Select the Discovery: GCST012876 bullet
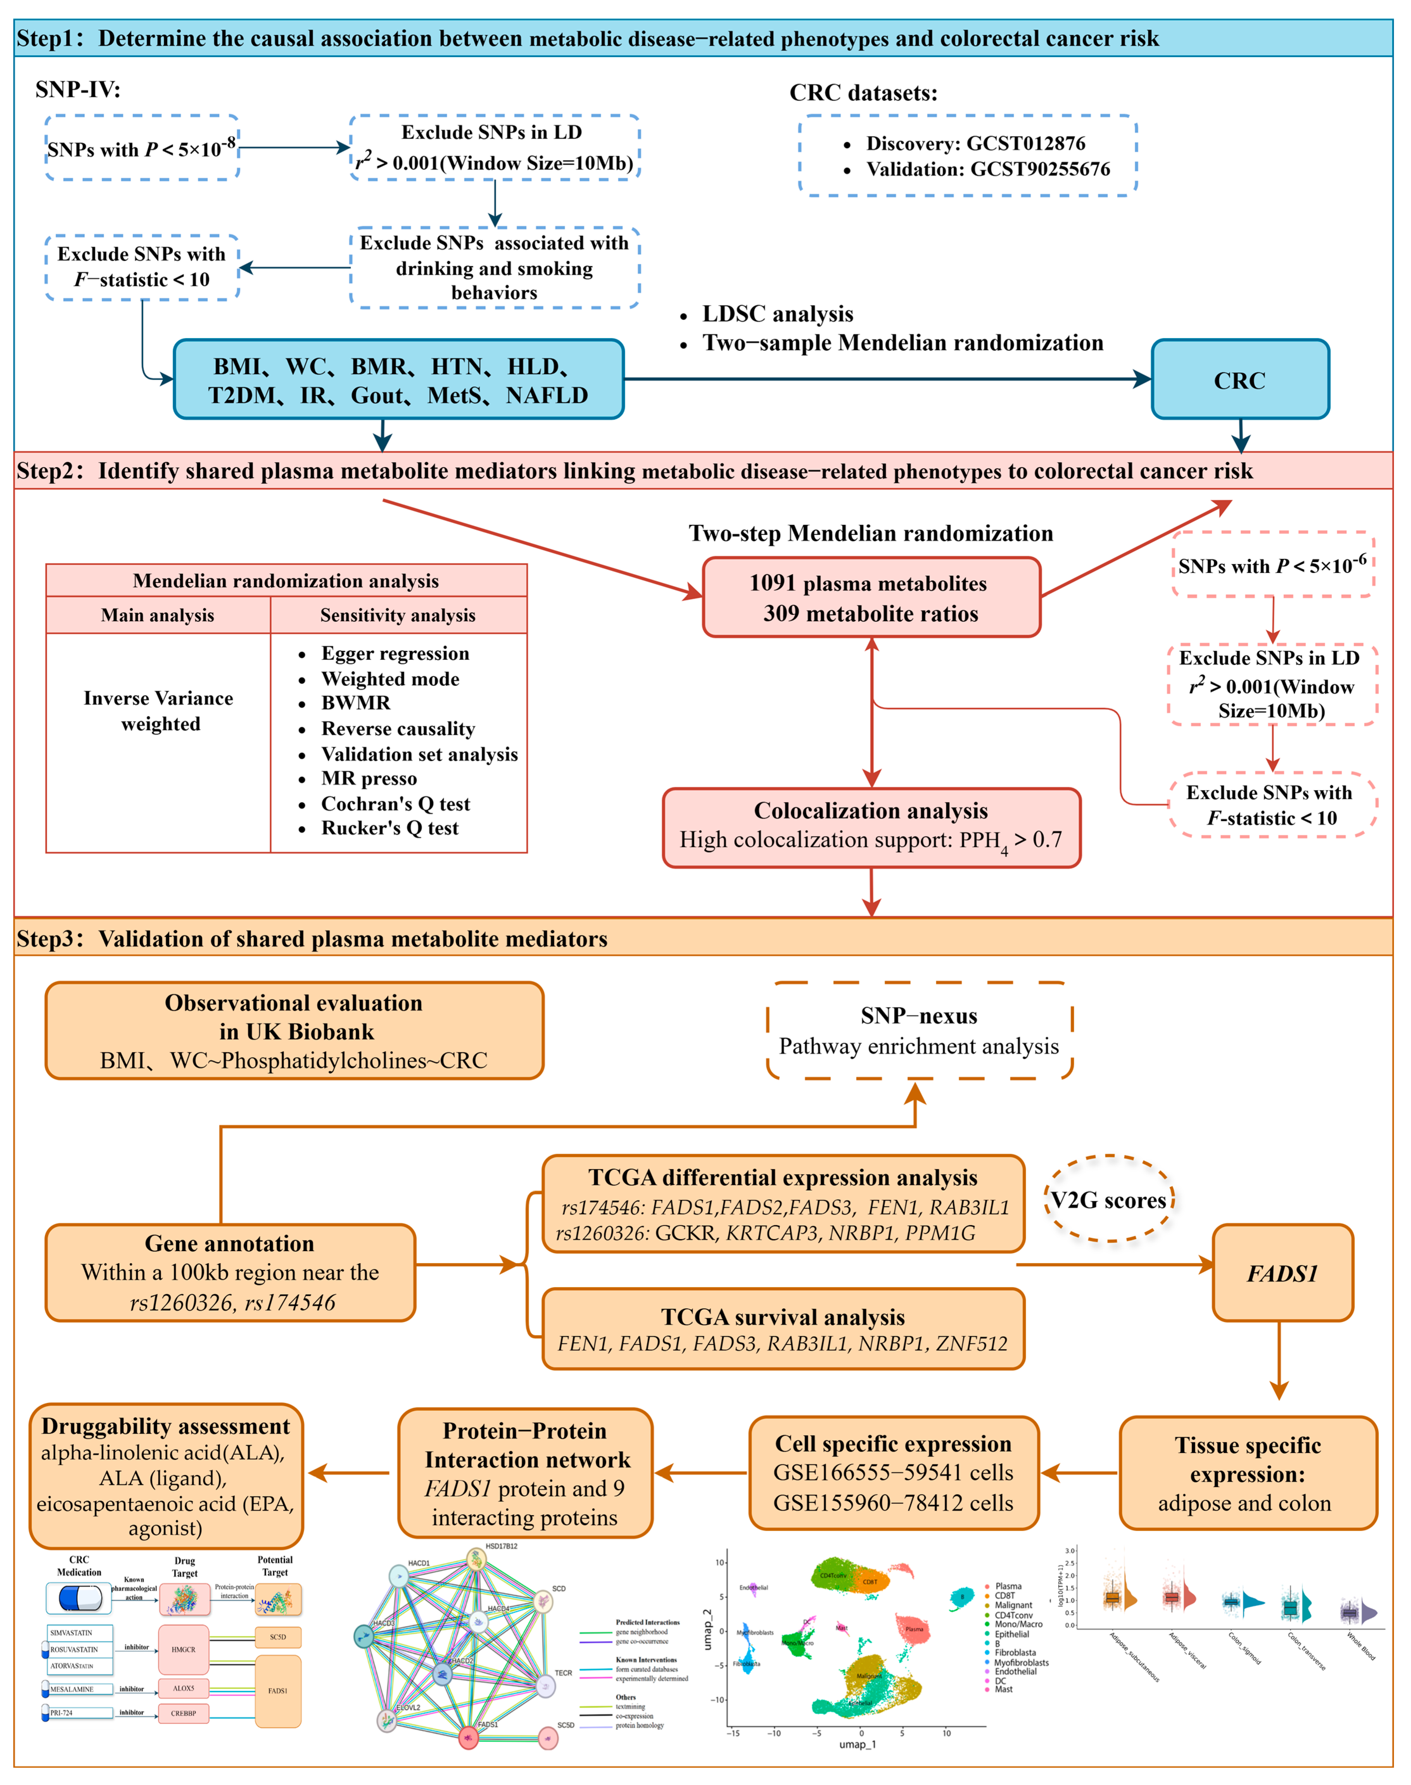tap(975, 144)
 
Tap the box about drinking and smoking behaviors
tap(494, 268)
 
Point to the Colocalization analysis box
tap(871, 827)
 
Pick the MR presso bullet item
tap(368, 779)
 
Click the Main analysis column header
tap(158, 615)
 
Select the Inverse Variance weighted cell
tap(159, 711)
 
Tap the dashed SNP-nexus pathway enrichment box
tap(919, 1031)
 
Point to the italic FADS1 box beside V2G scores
tap(1281, 1273)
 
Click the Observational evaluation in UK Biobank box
tap(294, 1031)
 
